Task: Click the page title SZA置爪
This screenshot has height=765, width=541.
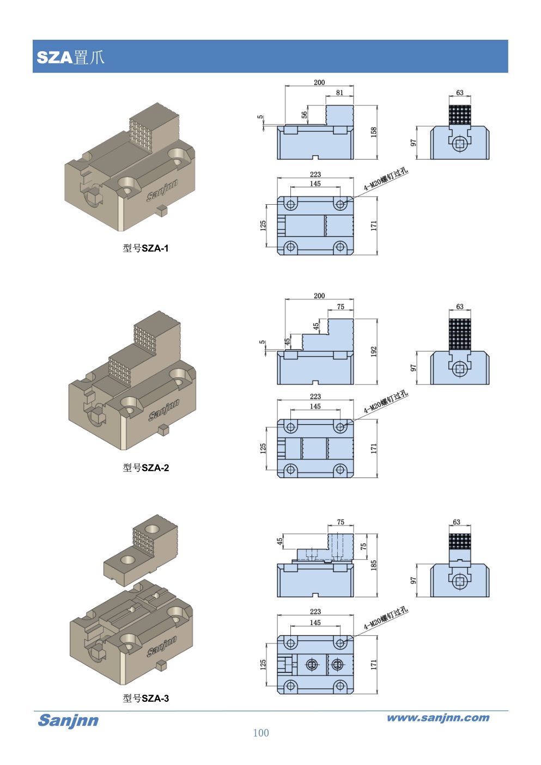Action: pos(70,57)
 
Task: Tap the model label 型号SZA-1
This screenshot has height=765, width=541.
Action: pos(145,248)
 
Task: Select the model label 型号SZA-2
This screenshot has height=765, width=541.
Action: pos(145,468)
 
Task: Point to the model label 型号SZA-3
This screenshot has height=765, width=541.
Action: pos(145,699)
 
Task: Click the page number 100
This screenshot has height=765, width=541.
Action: pos(261,733)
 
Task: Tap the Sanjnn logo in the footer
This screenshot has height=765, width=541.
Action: pos(68,720)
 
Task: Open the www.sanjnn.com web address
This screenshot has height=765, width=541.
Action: pos(438,718)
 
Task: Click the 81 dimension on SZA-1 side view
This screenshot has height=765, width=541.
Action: pos(339,93)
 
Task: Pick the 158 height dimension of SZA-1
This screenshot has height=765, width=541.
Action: pos(374,132)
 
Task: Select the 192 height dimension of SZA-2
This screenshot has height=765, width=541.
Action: pos(374,351)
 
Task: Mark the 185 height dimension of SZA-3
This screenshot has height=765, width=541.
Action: pos(374,565)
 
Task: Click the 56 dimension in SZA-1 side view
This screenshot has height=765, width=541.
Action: pos(305,114)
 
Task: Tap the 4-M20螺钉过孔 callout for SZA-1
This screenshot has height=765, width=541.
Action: pos(386,179)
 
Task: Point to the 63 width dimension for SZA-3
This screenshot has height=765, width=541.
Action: pos(457,522)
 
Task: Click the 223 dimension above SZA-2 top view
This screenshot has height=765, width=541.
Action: pos(315,396)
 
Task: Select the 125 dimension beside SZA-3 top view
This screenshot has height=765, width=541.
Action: pos(263,664)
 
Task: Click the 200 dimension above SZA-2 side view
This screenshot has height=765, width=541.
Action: pos(319,296)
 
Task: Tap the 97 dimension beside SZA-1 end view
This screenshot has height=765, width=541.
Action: pos(414,143)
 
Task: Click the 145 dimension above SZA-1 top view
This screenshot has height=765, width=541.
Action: pos(315,183)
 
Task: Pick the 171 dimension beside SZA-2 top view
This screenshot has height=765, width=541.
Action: pos(374,448)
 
